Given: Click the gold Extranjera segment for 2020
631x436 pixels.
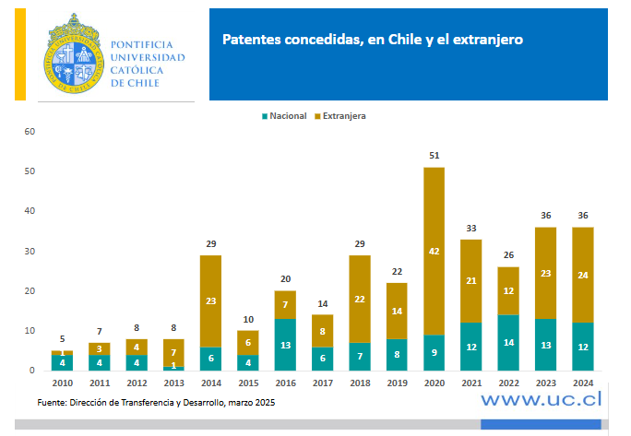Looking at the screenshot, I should [x=434, y=251].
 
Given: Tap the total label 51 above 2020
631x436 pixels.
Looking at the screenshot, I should [x=434, y=156].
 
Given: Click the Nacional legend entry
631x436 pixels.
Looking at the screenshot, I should [x=285, y=116].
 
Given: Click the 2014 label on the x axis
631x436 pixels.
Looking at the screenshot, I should [x=210, y=382].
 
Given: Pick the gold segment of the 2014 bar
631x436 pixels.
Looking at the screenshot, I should [x=210, y=300].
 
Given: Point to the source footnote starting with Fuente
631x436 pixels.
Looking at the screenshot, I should [x=156, y=403].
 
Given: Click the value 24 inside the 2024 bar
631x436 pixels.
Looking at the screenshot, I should [x=583, y=274].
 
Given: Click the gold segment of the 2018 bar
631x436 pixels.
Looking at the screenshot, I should [x=360, y=299].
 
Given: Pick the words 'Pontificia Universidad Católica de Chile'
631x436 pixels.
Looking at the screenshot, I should [x=147, y=64].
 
